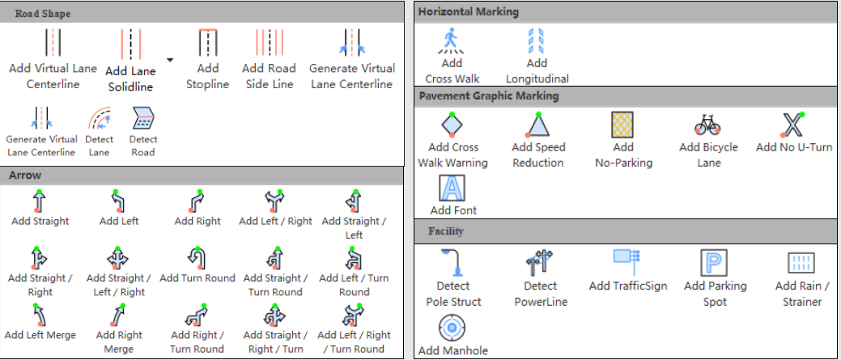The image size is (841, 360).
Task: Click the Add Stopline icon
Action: click(207, 42)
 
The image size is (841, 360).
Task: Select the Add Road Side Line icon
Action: click(269, 42)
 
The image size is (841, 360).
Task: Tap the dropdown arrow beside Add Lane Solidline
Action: click(169, 60)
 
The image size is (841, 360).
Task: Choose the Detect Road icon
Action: click(143, 118)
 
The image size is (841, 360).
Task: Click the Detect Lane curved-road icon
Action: click(100, 118)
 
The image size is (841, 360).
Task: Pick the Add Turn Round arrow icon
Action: click(197, 260)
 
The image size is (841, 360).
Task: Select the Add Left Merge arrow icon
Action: click(39, 316)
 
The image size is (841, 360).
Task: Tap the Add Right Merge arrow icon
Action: click(119, 316)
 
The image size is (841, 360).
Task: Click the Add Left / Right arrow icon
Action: click(274, 201)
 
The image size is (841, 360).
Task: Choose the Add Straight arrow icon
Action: click(39, 201)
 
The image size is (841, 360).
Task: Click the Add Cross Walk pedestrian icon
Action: click(452, 41)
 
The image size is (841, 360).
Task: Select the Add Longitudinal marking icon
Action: click(537, 41)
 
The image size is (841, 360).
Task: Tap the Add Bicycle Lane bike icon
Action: click(708, 125)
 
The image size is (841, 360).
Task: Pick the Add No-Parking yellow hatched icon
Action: click(622, 125)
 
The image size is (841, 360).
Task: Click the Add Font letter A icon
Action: click(452, 188)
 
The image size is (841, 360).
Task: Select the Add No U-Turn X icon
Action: click(793, 125)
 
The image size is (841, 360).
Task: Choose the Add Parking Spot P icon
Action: click(714, 263)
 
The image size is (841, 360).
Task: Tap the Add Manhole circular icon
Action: click(452, 327)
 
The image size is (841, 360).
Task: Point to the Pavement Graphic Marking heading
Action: click(489, 96)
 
